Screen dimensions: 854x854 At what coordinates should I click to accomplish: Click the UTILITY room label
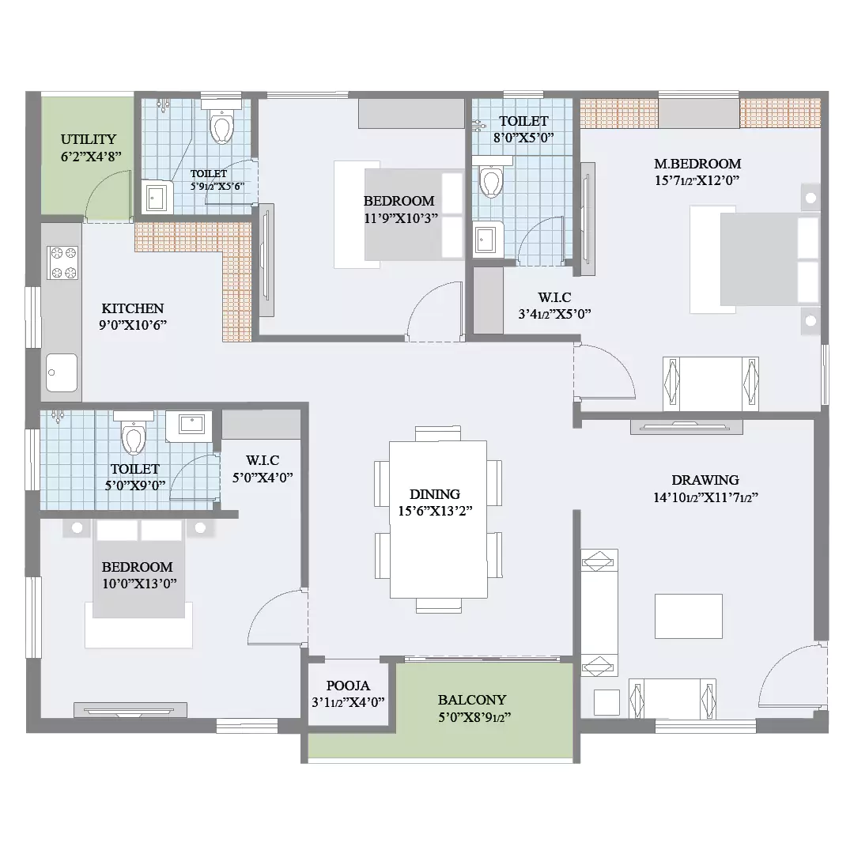(x=89, y=139)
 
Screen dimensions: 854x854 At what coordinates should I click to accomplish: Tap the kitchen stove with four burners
(x=62, y=263)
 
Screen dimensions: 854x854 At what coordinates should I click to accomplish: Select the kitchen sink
(x=62, y=372)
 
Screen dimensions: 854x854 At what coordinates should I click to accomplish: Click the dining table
(x=438, y=520)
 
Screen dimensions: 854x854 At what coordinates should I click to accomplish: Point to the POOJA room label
(x=348, y=686)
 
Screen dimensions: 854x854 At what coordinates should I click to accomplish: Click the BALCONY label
(x=472, y=700)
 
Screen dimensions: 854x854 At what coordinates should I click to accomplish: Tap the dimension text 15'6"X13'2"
(x=435, y=511)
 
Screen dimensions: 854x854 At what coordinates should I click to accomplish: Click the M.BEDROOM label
(x=697, y=164)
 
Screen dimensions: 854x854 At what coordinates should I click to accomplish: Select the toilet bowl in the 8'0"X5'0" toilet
(x=491, y=179)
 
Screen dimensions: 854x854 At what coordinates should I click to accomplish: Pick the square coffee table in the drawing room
(x=689, y=616)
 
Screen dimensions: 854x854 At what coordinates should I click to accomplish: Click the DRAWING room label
(x=705, y=480)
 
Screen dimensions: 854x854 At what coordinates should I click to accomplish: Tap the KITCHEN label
(x=132, y=308)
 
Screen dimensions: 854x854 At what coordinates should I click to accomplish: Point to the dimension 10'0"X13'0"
(x=139, y=584)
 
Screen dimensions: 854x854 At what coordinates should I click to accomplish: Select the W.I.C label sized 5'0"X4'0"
(x=263, y=460)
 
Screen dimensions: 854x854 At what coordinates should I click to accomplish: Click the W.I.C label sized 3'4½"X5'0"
(x=554, y=297)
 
